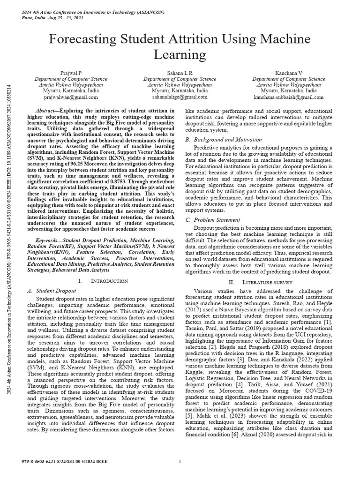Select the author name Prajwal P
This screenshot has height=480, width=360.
coord(71,73)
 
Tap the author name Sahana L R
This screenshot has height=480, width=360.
coord(180,73)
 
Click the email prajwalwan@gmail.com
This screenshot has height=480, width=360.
coord(71,97)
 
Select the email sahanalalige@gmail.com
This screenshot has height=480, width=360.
coord(180,97)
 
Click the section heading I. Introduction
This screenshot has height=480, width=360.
coord(103,281)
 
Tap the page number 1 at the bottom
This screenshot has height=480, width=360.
coord(180,462)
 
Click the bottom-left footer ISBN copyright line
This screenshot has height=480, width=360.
coord(65,462)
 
